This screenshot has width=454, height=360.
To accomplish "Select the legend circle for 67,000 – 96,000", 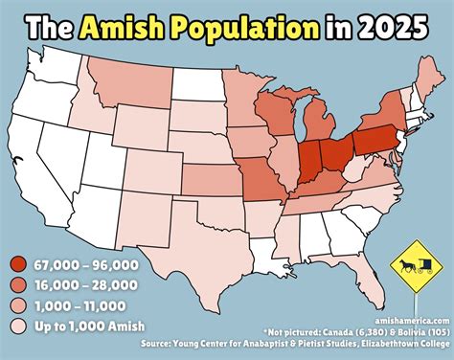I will [18, 264].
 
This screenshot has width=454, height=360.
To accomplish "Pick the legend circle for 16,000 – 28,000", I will [18, 286].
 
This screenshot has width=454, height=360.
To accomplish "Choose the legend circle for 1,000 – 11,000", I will [18, 307].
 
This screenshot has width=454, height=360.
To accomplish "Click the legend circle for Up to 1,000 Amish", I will [18, 328].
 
